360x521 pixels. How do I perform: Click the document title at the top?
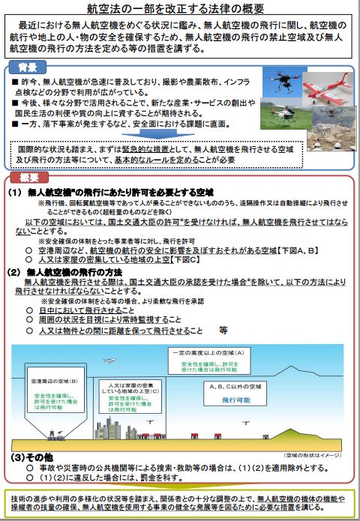coord(179,8)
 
